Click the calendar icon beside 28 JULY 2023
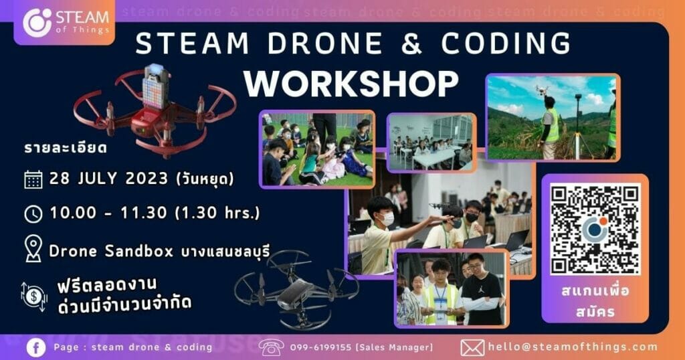33,179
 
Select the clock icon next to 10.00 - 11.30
33,213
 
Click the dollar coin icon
33,294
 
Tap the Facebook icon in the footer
36,347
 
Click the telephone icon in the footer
271,347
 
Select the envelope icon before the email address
472,347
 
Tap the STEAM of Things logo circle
37,22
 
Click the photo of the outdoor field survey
552,117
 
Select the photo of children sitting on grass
317,149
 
